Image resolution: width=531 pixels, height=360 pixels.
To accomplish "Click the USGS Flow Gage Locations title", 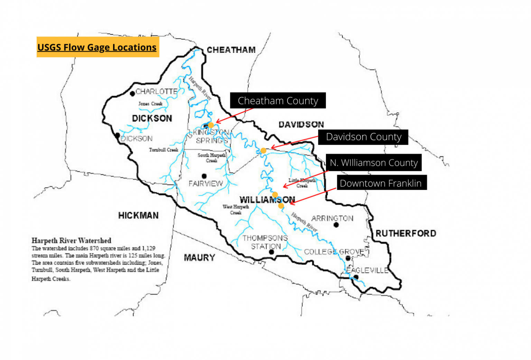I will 97,47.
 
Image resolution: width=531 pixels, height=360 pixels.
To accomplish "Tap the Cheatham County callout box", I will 278,101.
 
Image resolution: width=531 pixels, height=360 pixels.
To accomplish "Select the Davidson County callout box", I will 363,137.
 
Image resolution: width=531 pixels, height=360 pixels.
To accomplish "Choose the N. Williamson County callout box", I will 373,162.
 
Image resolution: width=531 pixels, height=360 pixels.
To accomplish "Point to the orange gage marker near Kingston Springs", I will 211,125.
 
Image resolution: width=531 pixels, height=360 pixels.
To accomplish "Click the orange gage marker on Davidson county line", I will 263,151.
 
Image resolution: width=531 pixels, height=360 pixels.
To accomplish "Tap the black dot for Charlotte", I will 132,94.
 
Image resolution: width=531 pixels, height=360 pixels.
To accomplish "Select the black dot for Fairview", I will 204,176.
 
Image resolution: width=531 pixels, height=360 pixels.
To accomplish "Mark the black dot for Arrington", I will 336,225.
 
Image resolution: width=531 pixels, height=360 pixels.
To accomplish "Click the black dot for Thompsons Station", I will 271,252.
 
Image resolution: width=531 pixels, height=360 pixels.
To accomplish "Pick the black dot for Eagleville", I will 356,277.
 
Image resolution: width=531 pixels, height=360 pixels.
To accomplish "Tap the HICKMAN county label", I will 138,216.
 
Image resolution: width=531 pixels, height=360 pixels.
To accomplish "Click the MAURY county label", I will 199,258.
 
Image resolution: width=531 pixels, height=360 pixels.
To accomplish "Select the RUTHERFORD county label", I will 406,234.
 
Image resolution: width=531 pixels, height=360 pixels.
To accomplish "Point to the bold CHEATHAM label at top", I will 231,50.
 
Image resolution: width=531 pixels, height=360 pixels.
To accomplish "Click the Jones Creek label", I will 150,104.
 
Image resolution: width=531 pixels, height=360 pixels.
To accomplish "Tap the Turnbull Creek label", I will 164,150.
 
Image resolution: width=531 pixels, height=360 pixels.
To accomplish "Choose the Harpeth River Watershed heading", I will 71,240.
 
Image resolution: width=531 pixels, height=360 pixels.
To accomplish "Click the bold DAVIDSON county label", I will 301,124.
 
